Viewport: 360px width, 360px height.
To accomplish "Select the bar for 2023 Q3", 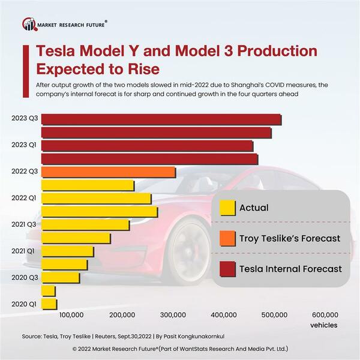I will point(161,119).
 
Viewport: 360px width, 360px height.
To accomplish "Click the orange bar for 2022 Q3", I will point(108,172).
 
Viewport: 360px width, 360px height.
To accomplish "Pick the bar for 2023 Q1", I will point(147,146).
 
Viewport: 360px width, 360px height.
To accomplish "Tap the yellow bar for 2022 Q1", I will point(96,199).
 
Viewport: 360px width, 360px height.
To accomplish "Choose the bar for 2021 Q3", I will point(85,224).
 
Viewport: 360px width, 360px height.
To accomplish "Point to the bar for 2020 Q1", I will point(49,304).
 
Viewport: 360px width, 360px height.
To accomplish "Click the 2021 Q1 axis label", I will point(23,251).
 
